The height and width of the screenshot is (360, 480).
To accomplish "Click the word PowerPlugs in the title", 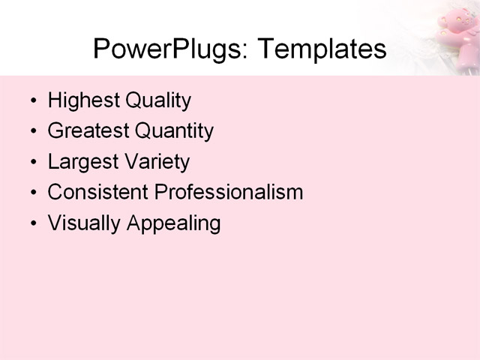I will tap(169, 49).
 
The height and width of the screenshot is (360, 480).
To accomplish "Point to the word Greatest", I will tap(88, 131).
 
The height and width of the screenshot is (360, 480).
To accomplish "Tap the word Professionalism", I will tap(229, 192).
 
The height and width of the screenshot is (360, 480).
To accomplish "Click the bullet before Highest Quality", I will tap(32, 101).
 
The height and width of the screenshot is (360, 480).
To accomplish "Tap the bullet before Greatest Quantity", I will tap(32, 132).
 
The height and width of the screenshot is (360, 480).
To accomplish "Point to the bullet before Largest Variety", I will tap(32, 163).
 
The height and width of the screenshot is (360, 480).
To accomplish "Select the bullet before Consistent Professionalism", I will tap(32, 193).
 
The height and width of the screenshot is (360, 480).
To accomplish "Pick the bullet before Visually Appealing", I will tap(32, 223).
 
